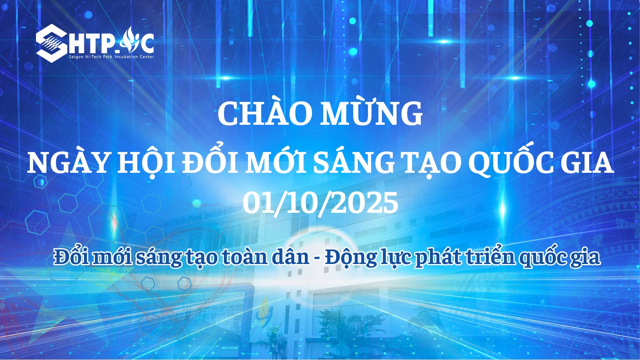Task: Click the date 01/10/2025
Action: click(x=320, y=203)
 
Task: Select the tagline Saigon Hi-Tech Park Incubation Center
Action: click(x=112, y=57)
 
